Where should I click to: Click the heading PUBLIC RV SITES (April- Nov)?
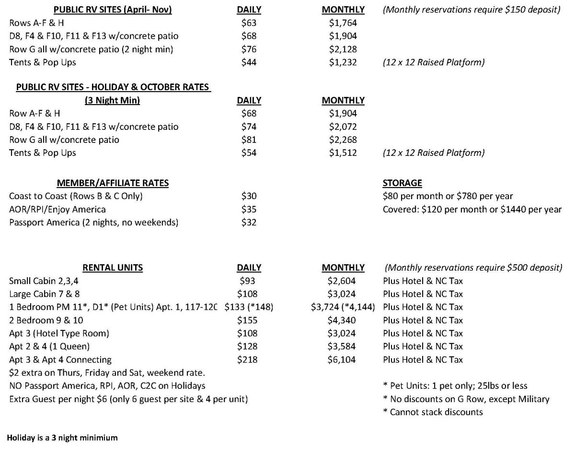click(113, 10)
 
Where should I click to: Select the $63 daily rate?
click(249, 23)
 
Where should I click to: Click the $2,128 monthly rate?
click(343, 49)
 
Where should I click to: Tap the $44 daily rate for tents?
click(249, 62)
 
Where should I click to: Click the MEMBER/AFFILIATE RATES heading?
click(113, 183)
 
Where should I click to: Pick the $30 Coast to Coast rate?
click(249, 196)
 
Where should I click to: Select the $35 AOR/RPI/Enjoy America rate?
click(249, 209)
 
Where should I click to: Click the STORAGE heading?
click(402, 183)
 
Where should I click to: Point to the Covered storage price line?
click(472, 209)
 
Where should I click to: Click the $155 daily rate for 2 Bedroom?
click(247, 320)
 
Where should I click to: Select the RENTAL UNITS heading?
click(113, 268)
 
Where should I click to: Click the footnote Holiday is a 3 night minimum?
click(62, 438)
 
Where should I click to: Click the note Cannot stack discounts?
click(433, 412)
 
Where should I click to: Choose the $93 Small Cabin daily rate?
click(248, 281)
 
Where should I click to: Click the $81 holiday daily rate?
click(249, 140)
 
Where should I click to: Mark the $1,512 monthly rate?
click(343, 153)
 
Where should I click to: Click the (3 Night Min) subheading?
click(113, 100)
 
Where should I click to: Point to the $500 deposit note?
click(473, 268)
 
